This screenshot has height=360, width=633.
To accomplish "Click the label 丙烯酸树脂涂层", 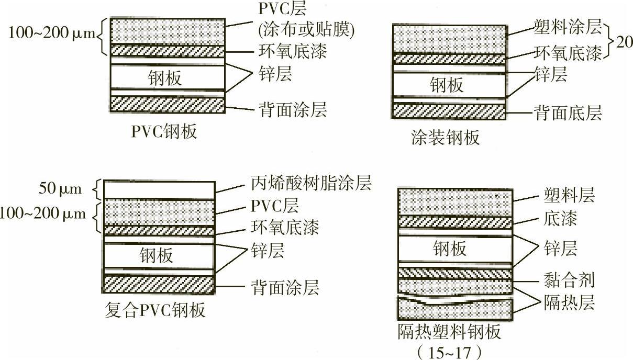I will pyautogui.click(x=308, y=184).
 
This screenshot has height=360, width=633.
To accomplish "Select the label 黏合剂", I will pyautogui.click(x=569, y=280).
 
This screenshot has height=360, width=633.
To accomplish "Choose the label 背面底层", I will pyautogui.click(x=568, y=112).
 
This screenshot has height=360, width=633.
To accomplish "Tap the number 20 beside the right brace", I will pyautogui.click(x=624, y=42).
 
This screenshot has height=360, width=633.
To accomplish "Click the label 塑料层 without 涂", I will pyautogui.click(x=569, y=197).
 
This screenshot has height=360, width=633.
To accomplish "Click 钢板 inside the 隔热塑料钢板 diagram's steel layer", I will pyautogui.click(x=450, y=249).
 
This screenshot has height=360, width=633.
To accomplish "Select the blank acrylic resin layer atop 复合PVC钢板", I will pyautogui.click(x=159, y=189).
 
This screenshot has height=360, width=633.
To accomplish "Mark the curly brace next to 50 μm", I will pyautogui.click(x=95, y=189).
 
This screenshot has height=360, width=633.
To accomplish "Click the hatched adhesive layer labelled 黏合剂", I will pyautogui.click(x=454, y=273).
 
